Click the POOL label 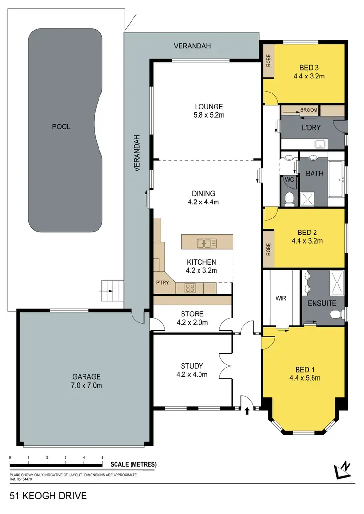click(x=61, y=127)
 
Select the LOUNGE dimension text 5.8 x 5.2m click(x=209, y=115)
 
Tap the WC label click(x=289, y=180)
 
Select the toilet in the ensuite click(x=334, y=315)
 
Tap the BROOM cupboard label click(x=309, y=110)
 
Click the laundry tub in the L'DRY click(x=320, y=143)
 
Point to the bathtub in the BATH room click(x=336, y=179)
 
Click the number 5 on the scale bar click(x=102, y=458)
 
